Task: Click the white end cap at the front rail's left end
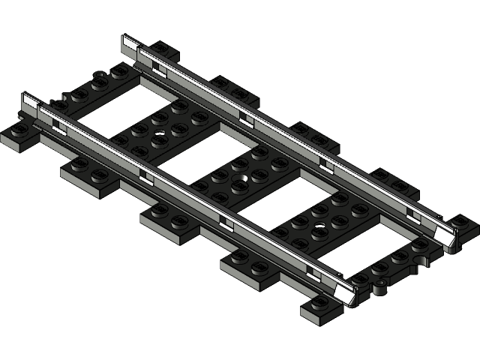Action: pos(31,103)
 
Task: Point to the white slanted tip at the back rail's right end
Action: pos(450,235)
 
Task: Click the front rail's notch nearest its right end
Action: pos(310,268)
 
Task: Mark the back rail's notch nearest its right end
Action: pos(413,212)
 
